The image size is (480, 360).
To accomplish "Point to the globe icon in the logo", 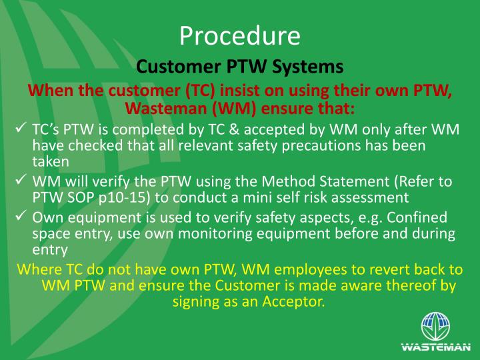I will pos(436,327).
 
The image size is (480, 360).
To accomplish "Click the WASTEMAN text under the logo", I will pos(436,347).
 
